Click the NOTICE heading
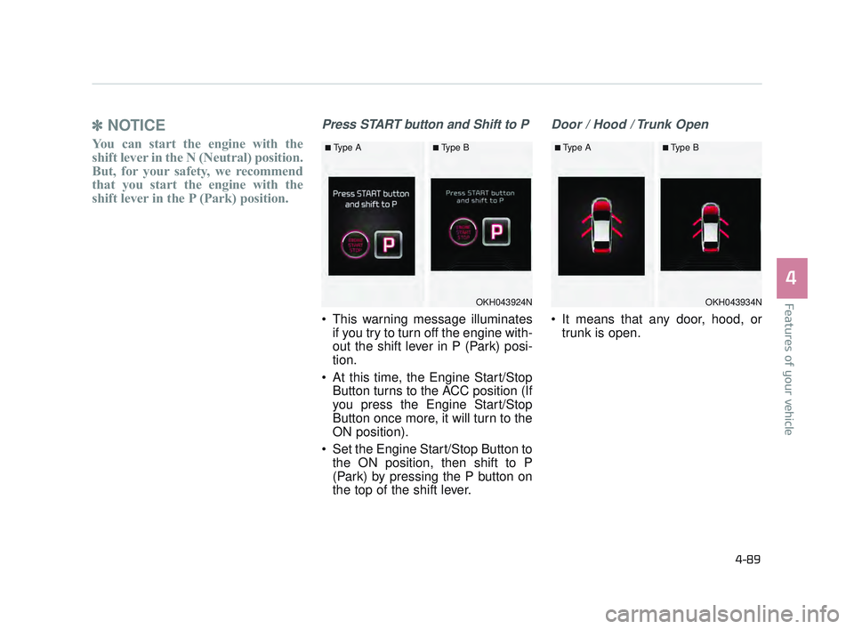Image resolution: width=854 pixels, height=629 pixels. coord(136,125)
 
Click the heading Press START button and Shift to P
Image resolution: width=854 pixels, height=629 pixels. coord(425,125)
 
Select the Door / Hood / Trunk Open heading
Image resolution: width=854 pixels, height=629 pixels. coord(630,125)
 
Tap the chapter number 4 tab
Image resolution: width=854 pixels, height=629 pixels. coord(790,278)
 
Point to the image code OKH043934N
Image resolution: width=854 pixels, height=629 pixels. coord(733,302)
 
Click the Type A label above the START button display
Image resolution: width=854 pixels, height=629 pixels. coord(345,148)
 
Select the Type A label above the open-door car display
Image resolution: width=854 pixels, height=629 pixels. coord(575,148)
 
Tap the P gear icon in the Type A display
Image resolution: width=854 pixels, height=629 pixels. coord(388,245)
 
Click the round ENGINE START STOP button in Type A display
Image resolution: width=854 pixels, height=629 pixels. coord(355,245)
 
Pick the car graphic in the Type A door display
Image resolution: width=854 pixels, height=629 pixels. coord(601,224)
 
